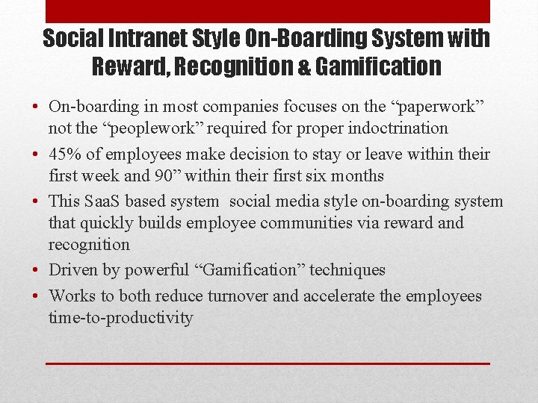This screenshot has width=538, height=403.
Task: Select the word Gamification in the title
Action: [x=379, y=67]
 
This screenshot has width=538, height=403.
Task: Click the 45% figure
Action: [x=66, y=154]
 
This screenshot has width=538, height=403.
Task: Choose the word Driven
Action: [x=73, y=269]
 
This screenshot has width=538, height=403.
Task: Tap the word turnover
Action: [x=235, y=296]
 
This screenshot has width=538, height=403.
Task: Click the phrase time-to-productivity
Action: [x=121, y=317]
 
